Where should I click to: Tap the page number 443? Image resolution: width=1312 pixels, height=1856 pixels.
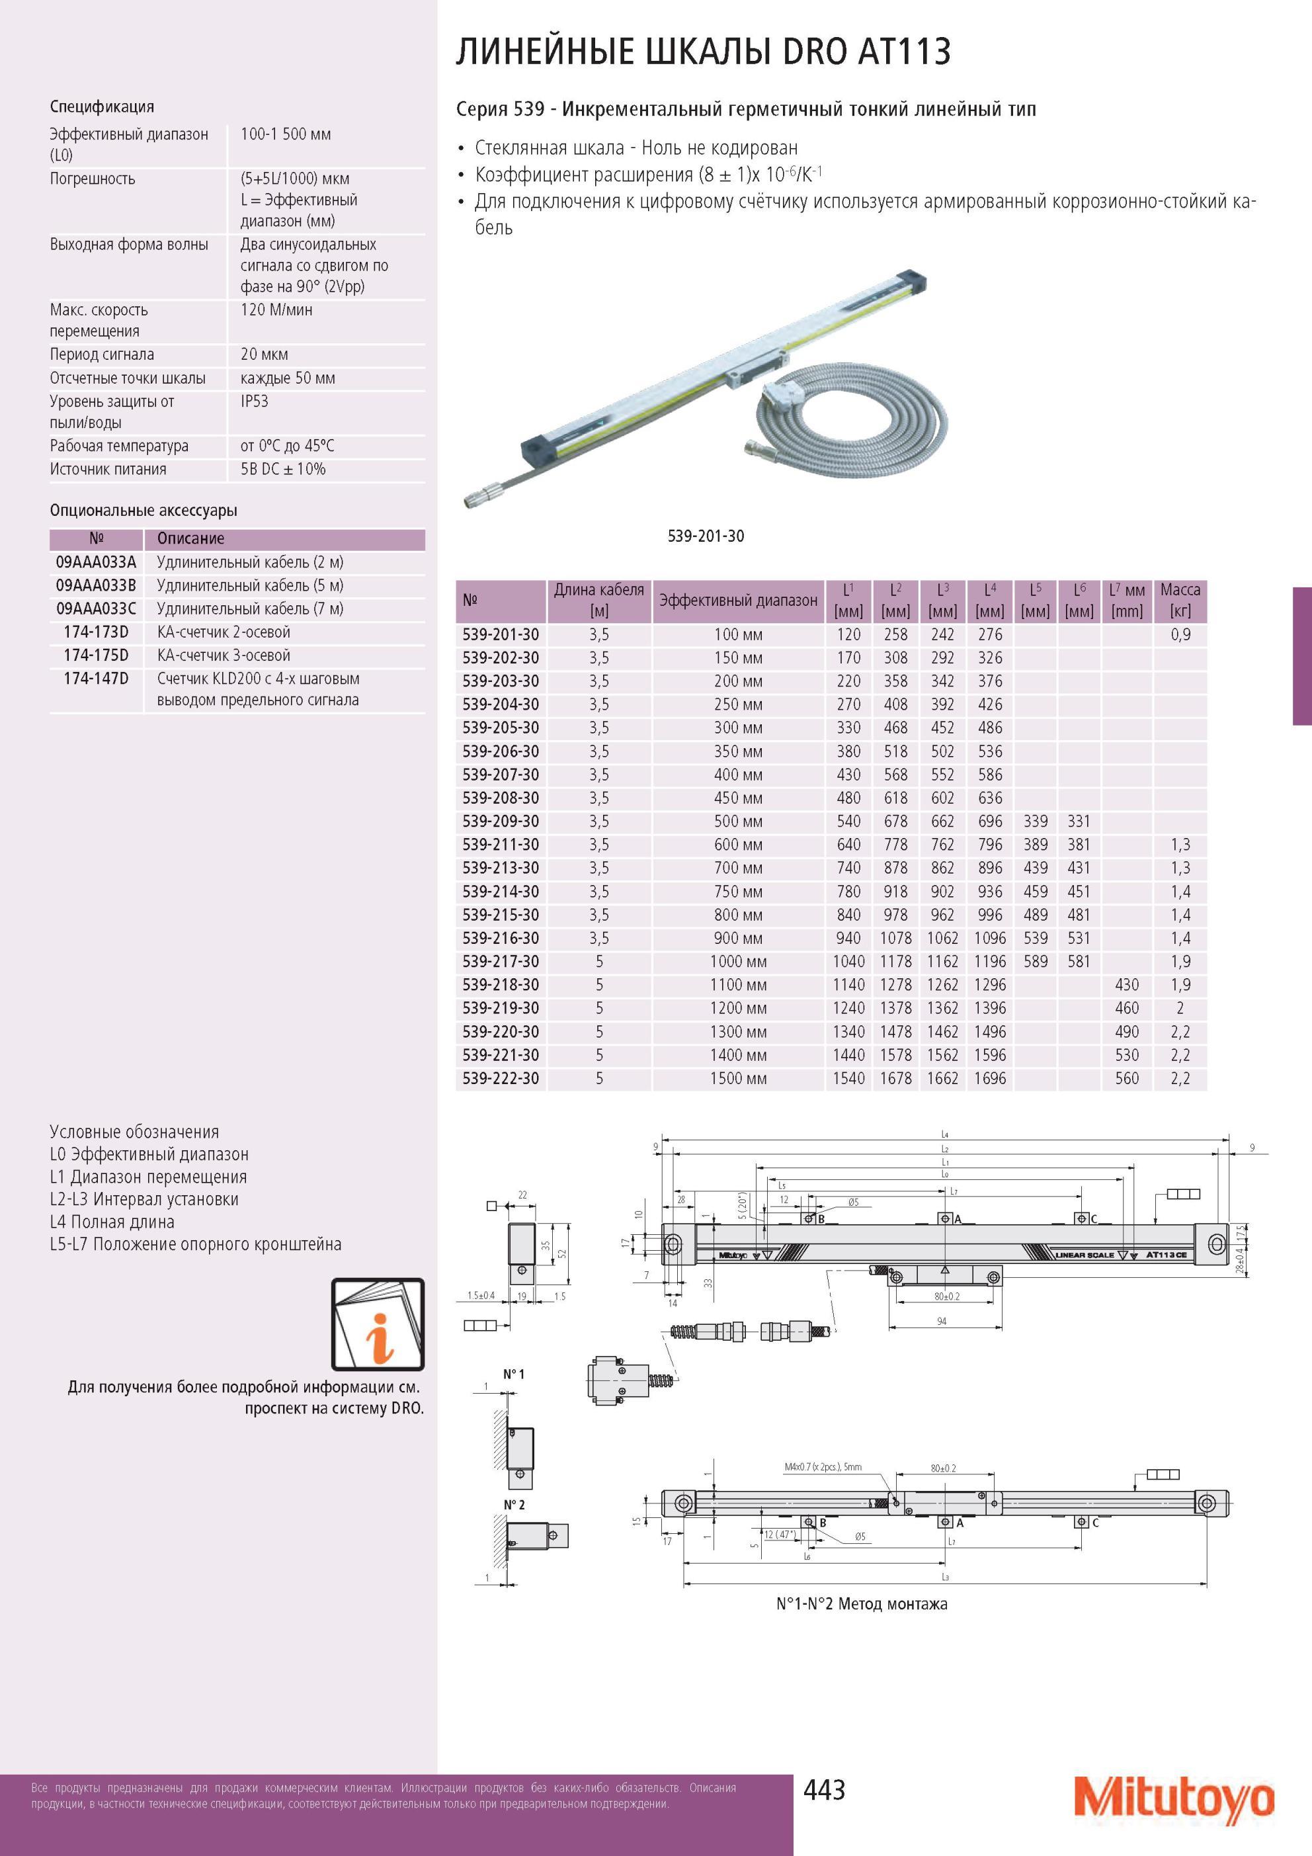824,1789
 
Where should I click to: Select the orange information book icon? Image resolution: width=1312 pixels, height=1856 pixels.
378,1324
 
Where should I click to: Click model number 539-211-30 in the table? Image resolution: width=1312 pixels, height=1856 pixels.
501,845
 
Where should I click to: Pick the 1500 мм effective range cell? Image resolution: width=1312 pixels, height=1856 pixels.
738,1078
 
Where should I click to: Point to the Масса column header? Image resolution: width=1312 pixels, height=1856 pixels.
1180,600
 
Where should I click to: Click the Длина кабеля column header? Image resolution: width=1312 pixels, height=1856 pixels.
599,600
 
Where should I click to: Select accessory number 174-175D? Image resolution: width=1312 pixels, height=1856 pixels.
96,655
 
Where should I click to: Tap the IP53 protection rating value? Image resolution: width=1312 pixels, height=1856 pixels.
255,401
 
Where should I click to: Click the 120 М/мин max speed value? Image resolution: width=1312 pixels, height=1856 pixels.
276,310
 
